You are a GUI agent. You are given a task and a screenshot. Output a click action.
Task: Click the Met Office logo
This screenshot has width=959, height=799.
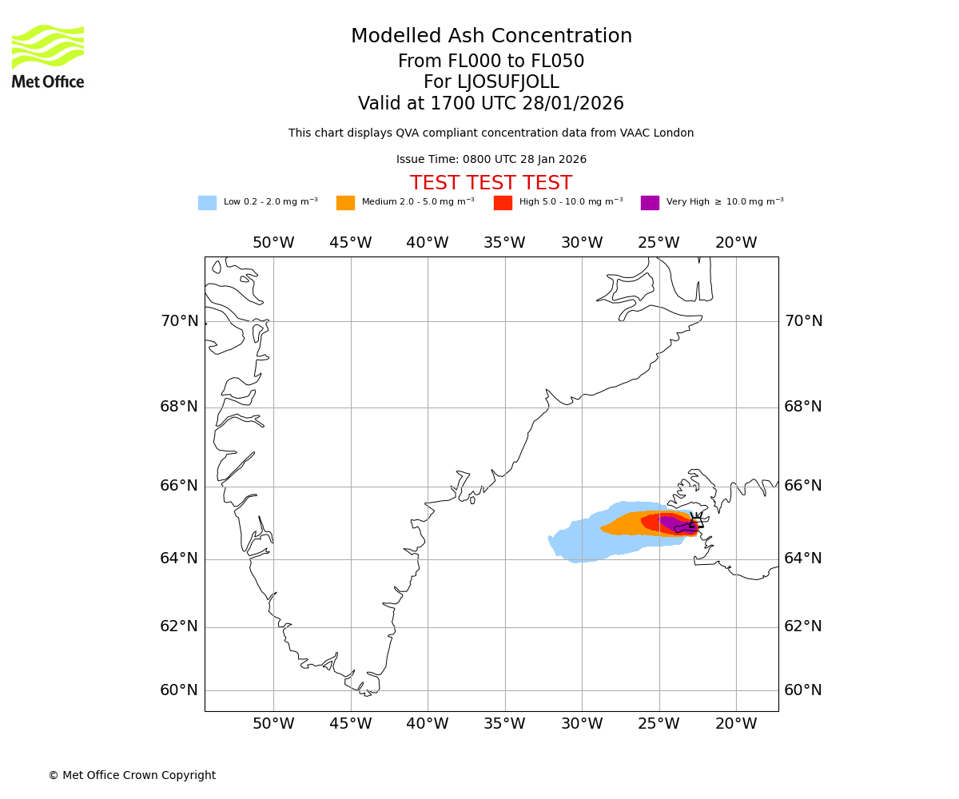[48, 56]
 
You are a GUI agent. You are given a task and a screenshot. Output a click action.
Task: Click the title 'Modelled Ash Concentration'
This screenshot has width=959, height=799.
[491, 37]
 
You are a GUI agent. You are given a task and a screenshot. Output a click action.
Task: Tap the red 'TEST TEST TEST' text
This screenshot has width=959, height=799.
[491, 184]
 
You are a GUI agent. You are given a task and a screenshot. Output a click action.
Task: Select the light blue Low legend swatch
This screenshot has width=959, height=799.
[207, 203]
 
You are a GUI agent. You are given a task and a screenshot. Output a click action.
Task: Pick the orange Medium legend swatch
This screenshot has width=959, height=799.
[345, 203]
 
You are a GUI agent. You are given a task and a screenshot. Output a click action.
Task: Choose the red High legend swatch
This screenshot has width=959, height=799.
[503, 203]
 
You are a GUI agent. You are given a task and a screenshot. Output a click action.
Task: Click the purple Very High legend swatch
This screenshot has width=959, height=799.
[650, 203]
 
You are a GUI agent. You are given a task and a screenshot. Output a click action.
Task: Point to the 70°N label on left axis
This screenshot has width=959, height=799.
[179, 321]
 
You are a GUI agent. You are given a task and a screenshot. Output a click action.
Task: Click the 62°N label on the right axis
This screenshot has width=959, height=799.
[803, 626]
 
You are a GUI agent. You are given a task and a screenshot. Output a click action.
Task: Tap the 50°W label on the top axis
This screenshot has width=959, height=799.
[273, 243]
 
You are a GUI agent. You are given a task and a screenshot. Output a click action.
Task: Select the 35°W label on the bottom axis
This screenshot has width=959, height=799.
[504, 724]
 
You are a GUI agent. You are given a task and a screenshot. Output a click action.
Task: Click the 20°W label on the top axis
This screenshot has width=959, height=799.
[736, 243]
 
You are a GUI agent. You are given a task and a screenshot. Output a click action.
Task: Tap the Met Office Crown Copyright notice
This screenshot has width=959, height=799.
[132, 776]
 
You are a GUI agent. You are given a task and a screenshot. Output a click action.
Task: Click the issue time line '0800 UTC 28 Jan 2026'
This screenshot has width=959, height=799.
[491, 160]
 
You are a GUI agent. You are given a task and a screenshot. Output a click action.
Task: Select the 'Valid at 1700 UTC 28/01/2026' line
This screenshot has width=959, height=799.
[491, 104]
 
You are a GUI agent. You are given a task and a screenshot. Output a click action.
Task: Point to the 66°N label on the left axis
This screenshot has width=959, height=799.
[179, 486]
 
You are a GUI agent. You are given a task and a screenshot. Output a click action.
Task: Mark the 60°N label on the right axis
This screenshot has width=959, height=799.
[803, 690]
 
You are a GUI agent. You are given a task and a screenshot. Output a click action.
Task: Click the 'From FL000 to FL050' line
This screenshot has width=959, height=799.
[491, 62]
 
